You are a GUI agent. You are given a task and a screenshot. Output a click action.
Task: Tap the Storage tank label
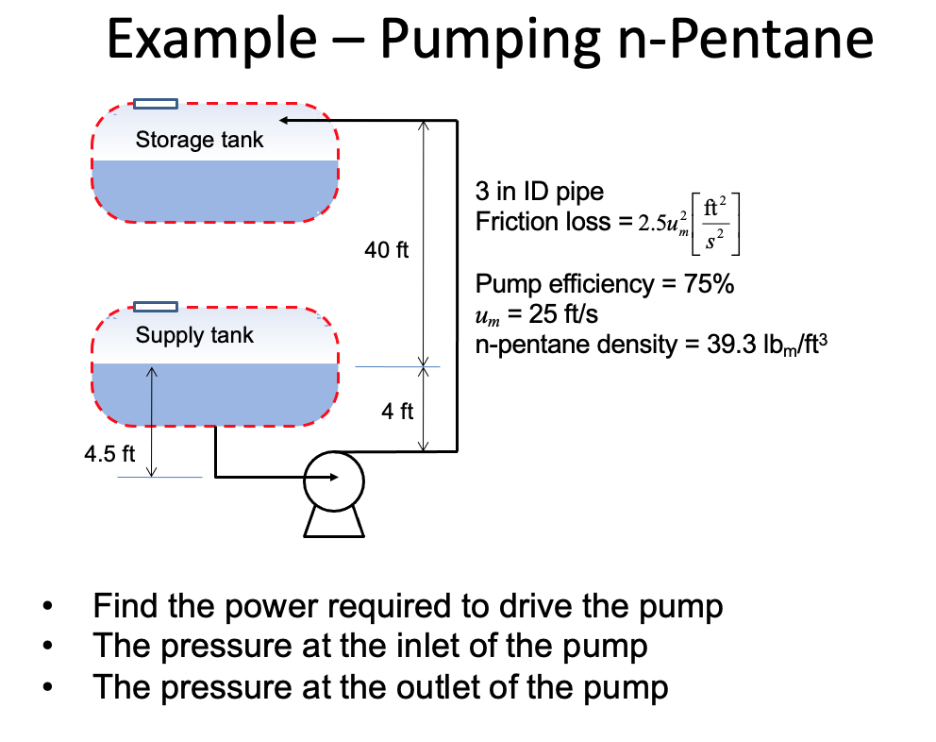(199, 141)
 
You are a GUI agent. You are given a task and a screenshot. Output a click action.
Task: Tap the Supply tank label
(194, 335)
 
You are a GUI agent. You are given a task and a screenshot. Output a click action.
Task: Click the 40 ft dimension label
(387, 250)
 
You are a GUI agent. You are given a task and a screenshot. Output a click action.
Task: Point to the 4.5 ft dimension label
(109, 453)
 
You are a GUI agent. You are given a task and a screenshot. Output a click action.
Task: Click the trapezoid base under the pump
(334, 522)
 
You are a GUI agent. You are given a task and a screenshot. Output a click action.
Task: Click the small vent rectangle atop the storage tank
(155, 103)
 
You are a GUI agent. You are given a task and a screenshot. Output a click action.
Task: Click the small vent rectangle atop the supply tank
(155, 306)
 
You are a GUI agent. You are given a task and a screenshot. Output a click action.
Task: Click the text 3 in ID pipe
(539, 193)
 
